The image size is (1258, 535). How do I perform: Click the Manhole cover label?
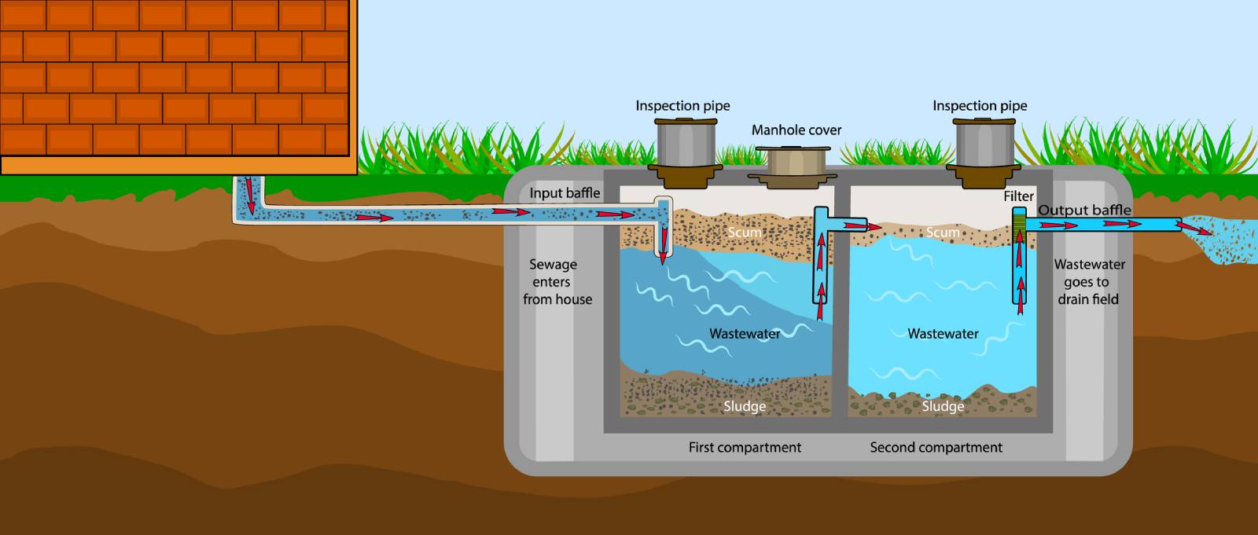[796, 130]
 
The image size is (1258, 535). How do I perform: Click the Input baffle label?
[565, 193]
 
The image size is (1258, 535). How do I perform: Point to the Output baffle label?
[1084, 210]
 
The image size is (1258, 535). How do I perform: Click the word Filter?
[1018, 196]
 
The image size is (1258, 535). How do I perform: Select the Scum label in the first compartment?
[744, 233]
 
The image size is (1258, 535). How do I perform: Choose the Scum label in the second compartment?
[942, 233]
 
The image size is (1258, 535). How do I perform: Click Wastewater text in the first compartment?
[744, 334]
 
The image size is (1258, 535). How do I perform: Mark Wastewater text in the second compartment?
[943, 334]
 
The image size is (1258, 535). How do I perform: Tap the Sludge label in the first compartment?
[744, 406]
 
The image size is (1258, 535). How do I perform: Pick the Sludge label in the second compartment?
[943, 406]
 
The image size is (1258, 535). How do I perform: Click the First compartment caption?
[745, 448]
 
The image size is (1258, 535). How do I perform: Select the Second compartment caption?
[936, 448]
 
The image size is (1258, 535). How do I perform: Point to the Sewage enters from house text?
[557, 282]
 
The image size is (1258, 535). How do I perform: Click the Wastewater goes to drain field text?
[1089, 282]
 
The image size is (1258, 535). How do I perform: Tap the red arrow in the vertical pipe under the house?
[250, 196]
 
